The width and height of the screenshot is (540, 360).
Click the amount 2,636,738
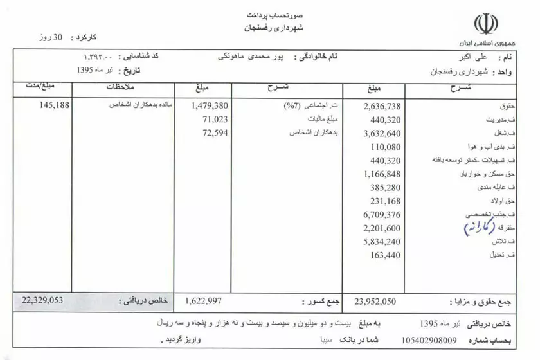click(382, 106)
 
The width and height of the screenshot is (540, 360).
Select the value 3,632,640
click(382, 133)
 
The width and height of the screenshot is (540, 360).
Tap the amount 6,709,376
click(382, 214)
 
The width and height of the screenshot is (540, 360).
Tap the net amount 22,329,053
click(44, 300)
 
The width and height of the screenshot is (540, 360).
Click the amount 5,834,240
click(382, 241)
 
